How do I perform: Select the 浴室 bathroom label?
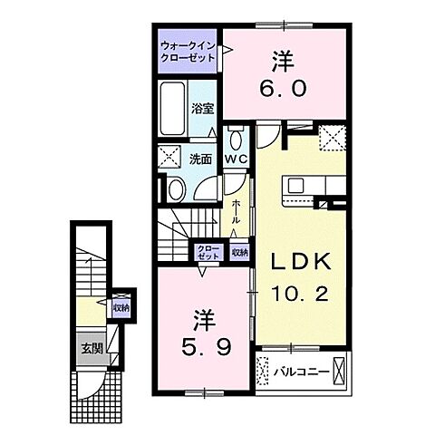pyautogui.click(x=201, y=109)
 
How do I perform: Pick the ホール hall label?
pyautogui.click(x=234, y=217)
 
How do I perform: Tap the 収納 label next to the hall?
pyautogui.click(x=237, y=253)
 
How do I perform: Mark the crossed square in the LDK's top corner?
pyautogui.click(x=332, y=139)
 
